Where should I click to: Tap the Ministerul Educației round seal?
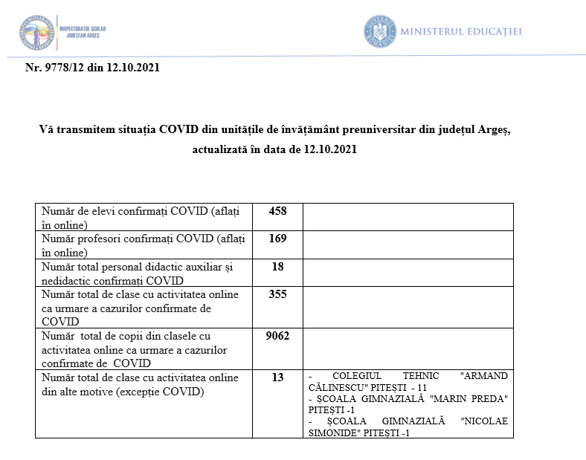pos(379,31)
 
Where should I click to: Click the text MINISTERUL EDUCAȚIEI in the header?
pos(461,32)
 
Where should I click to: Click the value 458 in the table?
pos(277,211)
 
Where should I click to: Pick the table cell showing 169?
pos(277,239)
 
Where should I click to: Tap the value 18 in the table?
pos(277,267)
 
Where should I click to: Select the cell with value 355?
pos(277,294)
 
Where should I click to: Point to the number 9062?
pos(277,336)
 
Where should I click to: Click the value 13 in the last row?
pos(277,378)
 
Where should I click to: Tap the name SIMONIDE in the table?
pos(333,433)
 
